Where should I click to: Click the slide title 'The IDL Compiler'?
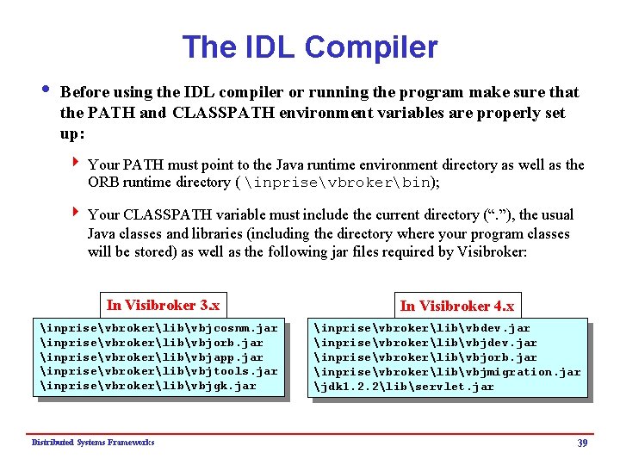[310, 47]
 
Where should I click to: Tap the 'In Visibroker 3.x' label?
[163, 305]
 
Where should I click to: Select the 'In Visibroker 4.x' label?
[456, 306]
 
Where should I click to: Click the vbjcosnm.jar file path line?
[159, 328]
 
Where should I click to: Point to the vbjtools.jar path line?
[159, 371]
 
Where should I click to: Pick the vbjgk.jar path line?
[148, 386]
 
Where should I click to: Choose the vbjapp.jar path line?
[152, 356]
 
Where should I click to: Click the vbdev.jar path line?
[422, 328]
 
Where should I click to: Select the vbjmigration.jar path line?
[447, 372]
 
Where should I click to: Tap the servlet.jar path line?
[404, 387]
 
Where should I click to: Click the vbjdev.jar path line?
[425, 343]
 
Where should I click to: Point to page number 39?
[582, 443]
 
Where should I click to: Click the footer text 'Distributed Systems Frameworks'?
[93, 442]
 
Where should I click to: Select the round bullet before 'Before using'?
[45, 91]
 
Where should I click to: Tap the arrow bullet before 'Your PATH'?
[77, 164]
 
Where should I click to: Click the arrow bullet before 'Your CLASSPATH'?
[77, 214]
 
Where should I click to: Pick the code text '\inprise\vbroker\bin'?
[337, 183]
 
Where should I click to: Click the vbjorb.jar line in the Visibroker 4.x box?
[425, 357]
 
